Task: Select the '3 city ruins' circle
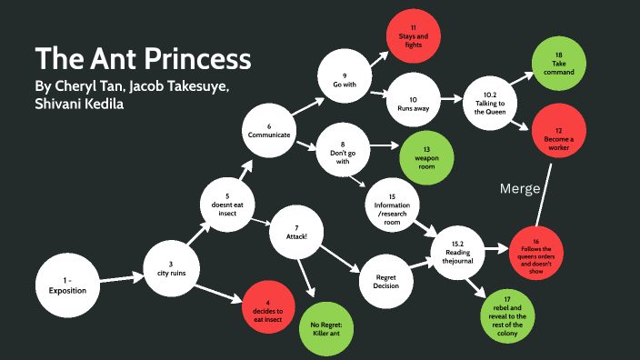(170, 270)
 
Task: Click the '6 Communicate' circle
(269, 130)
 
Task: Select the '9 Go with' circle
(344, 81)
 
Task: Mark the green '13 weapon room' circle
(425, 160)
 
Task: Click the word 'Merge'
(521, 188)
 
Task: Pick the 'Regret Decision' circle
(379, 277)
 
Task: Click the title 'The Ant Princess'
(142, 59)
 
